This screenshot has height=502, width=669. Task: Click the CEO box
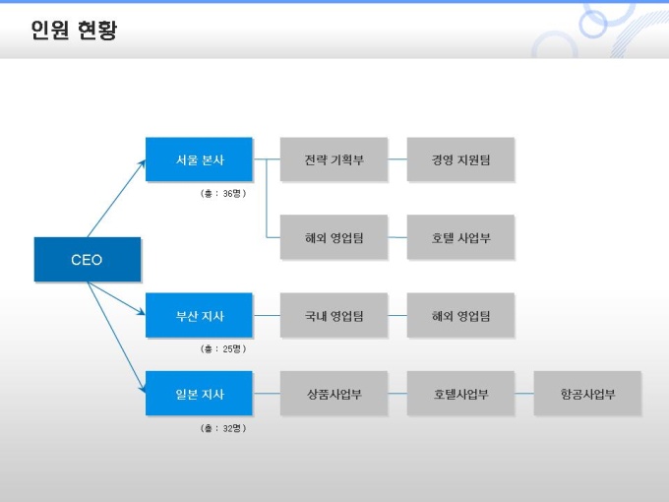[87, 260]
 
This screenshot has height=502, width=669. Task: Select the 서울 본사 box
[199, 159]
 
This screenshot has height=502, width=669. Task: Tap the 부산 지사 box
[199, 316]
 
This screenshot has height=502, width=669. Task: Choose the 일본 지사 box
[199, 394]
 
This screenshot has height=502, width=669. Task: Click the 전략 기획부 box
[334, 159]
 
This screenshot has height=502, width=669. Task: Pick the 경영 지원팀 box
[460, 159]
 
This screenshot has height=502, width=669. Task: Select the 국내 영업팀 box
[334, 316]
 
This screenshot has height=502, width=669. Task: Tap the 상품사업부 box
[334, 394]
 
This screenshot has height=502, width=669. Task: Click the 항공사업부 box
[587, 394]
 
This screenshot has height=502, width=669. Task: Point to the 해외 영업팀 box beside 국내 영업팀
[460, 316]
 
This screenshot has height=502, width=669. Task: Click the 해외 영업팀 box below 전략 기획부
[334, 237]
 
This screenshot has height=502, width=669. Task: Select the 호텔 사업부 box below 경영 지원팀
[460, 237]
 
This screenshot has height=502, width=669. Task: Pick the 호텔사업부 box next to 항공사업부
[460, 394]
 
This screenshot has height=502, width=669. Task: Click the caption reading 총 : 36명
[222, 193]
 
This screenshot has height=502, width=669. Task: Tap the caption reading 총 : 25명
[222, 348]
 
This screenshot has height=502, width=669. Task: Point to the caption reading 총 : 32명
[222, 428]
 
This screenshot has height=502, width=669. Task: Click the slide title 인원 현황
[74, 31]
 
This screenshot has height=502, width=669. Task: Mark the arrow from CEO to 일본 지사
[115, 330]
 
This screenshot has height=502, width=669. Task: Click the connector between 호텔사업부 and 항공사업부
[523, 394]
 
